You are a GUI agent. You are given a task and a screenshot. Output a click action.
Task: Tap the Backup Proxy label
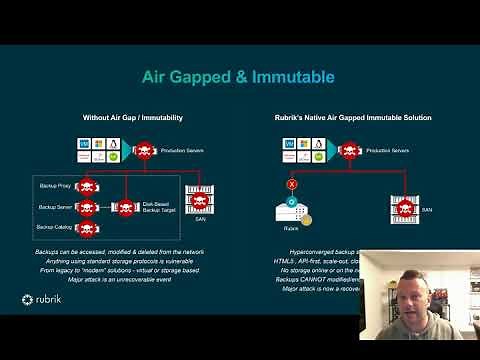pos(54,187)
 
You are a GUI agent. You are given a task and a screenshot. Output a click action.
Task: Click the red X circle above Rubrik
pos(293,184)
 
